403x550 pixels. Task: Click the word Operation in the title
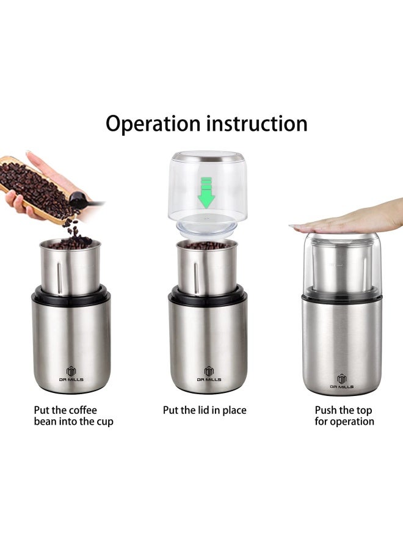click(x=153, y=123)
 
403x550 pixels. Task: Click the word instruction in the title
click(x=256, y=123)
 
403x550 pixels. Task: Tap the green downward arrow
click(x=207, y=191)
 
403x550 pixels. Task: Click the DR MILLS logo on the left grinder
click(x=71, y=374)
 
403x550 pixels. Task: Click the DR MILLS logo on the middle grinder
click(x=208, y=374)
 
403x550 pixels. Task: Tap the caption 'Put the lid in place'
click(x=205, y=410)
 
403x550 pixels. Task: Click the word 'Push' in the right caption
click(x=327, y=410)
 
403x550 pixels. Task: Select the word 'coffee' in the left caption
click(x=82, y=410)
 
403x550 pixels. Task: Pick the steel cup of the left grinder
click(x=71, y=266)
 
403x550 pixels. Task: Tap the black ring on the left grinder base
click(x=71, y=295)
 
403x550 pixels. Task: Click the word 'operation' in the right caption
click(x=352, y=422)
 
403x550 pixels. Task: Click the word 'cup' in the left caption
click(x=104, y=422)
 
